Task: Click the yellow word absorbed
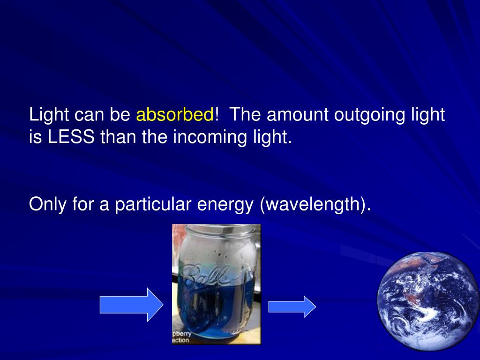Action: [175, 115]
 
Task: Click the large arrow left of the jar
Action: [131, 305]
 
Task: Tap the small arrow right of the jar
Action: [292, 307]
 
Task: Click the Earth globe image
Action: [428, 300]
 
